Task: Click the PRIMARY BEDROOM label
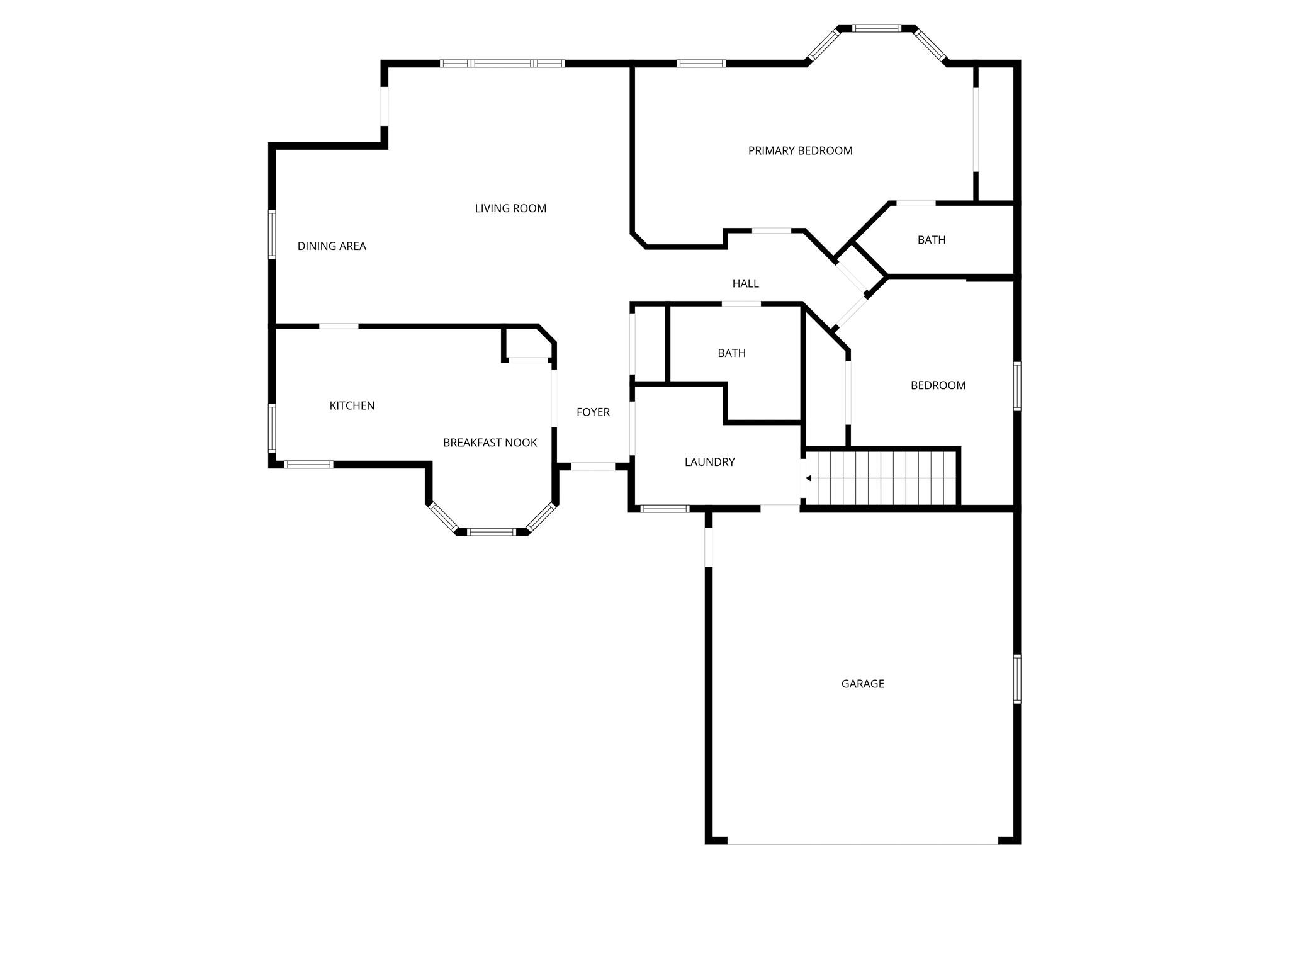[800, 151]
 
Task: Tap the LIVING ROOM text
[510, 208]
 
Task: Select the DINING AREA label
[332, 246]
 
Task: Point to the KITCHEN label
[352, 406]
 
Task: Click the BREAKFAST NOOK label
[490, 443]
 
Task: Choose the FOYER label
[593, 412]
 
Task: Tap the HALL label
[745, 284]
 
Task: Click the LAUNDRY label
[709, 462]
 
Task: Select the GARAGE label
[862, 684]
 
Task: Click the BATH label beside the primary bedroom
[932, 240]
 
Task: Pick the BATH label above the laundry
[731, 353]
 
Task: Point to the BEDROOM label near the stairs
[938, 385]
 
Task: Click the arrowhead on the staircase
[808, 478]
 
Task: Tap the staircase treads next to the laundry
[881, 478]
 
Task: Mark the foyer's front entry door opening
[593, 467]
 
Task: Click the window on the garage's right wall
[1016, 679]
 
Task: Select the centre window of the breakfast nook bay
[492, 532]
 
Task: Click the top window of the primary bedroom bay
[877, 28]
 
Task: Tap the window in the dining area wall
[272, 235]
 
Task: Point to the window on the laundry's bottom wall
[665, 509]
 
